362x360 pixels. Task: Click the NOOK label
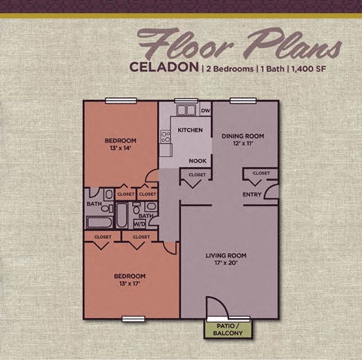pyautogui.click(x=198, y=160)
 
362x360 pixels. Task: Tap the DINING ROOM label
pyautogui.click(x=242, y=136)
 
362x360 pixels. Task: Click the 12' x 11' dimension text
pyautogui.click(x=242, y=145)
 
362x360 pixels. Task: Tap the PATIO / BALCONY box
pyautogui.click(x=228, y=329)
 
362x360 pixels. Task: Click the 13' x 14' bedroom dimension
pyautogui.click(x=120, y=149)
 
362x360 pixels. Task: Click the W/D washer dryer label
pyautogui.click(x=140, y=224)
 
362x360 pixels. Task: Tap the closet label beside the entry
pyautogui.click(x=261, y=173)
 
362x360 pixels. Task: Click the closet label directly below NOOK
pyautogui.click(x=196, y=175)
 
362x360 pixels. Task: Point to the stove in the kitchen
pyautogui.click(x=166, y=137)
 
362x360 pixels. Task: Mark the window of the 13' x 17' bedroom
pyautogui.click(x=133, y=319)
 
